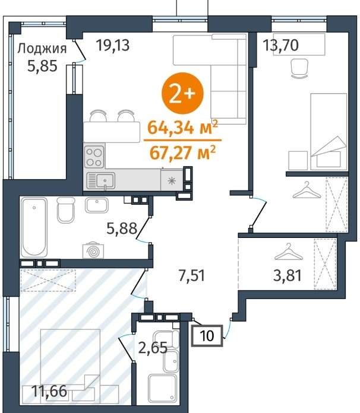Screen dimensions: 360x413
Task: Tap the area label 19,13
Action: tap(113, 45)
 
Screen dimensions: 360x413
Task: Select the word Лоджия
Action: tap(42, 49)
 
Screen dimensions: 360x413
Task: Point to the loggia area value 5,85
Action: tap(42, 66)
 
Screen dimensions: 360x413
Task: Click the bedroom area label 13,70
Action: tap(281, 45)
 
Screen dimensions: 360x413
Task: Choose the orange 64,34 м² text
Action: tap(183, 127)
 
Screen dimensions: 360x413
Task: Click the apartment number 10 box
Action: tap(207, 336)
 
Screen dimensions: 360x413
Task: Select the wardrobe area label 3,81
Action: tap(288, 276)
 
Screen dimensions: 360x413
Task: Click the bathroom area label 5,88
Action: tap(122, 228)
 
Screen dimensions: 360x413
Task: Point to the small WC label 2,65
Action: tap(153, 348)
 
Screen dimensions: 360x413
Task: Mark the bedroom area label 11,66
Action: tap(49, 391)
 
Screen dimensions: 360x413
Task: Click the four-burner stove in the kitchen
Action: tap(94, 157)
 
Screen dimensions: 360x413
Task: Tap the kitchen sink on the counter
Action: tap(100, 180)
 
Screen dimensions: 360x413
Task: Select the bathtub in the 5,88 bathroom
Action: tap(34, 227)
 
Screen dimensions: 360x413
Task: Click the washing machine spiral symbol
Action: tap(93, 251)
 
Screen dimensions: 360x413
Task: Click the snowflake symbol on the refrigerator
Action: tap(172, 181)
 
